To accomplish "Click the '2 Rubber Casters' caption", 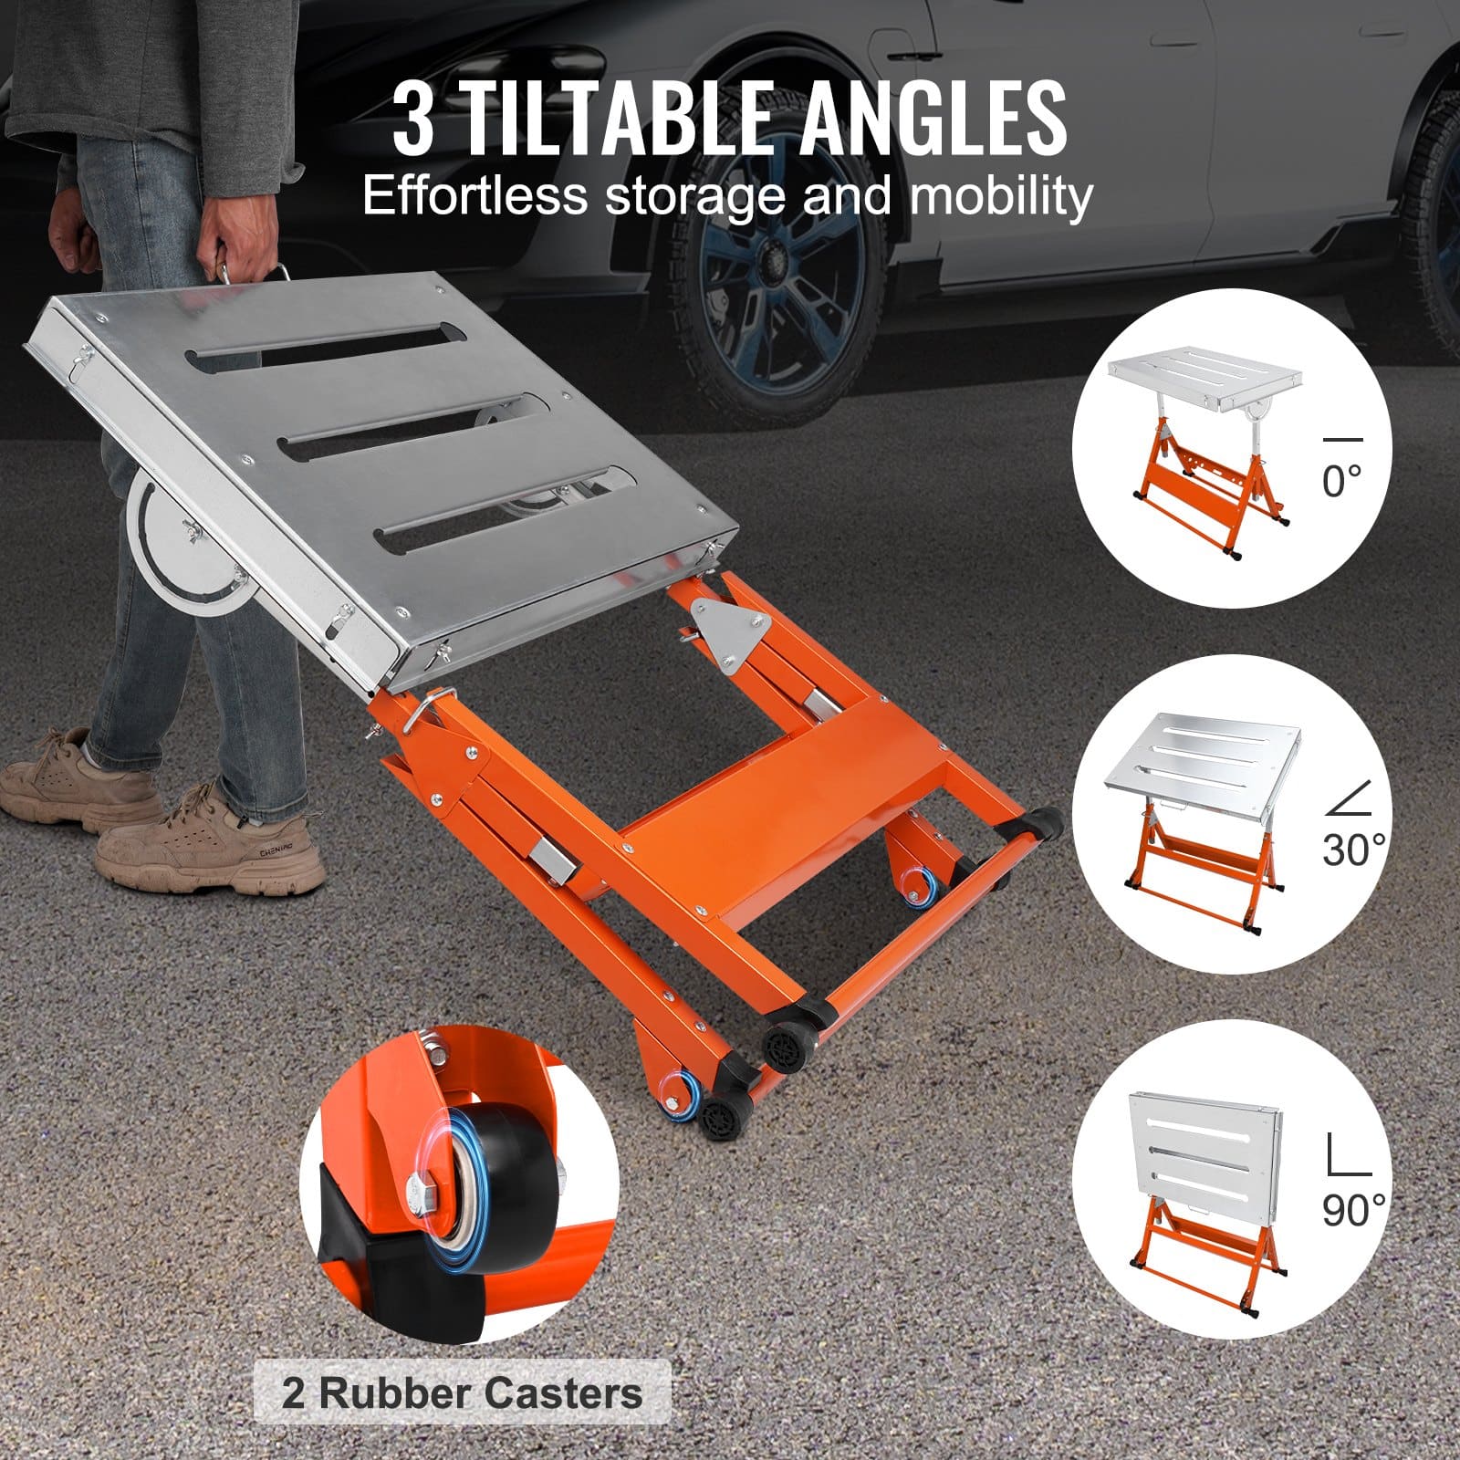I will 462,1393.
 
